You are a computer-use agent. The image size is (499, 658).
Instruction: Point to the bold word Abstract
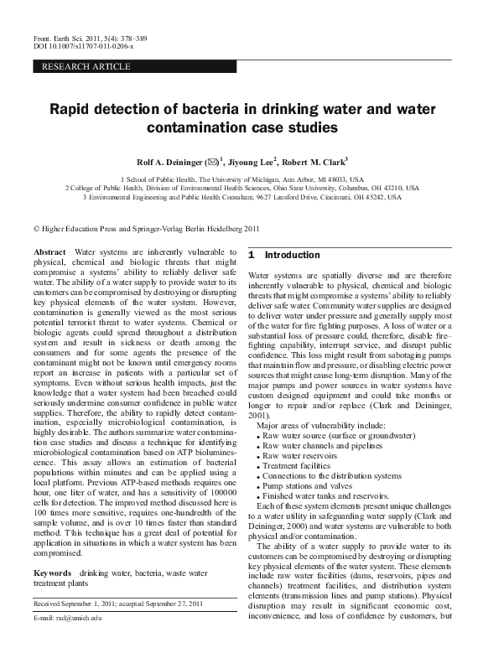49,251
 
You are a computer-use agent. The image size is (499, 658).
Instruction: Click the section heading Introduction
293,255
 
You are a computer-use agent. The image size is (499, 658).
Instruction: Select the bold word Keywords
52,573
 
